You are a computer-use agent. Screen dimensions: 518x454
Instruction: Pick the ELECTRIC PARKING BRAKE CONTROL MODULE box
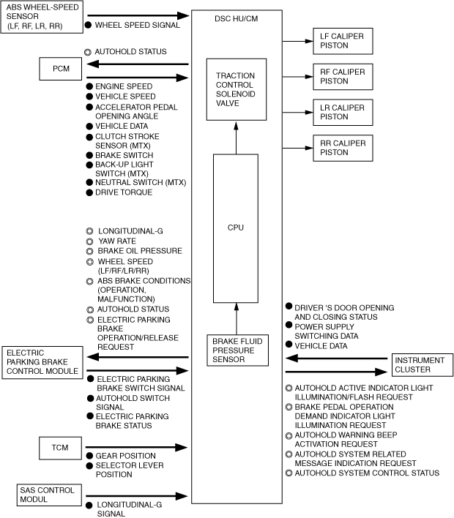coord(42,361)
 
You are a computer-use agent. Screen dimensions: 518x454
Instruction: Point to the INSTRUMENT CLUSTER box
coord(418,364)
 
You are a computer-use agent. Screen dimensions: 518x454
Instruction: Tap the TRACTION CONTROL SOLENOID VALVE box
coord(236,89)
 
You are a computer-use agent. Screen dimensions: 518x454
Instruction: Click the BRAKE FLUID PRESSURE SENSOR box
coord(237,350)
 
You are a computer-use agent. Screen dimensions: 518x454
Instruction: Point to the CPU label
coord(236,228)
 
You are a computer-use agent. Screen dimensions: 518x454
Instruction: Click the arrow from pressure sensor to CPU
coord(236,318)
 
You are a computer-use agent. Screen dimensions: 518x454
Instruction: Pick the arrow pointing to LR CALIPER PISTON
coord(293,112)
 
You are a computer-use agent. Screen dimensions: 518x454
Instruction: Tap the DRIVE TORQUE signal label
coord(124,192)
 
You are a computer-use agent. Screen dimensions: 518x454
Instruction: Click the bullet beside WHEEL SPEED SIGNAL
coord(89,25)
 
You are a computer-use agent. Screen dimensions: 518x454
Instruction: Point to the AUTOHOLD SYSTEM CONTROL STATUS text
coord(367,473)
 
